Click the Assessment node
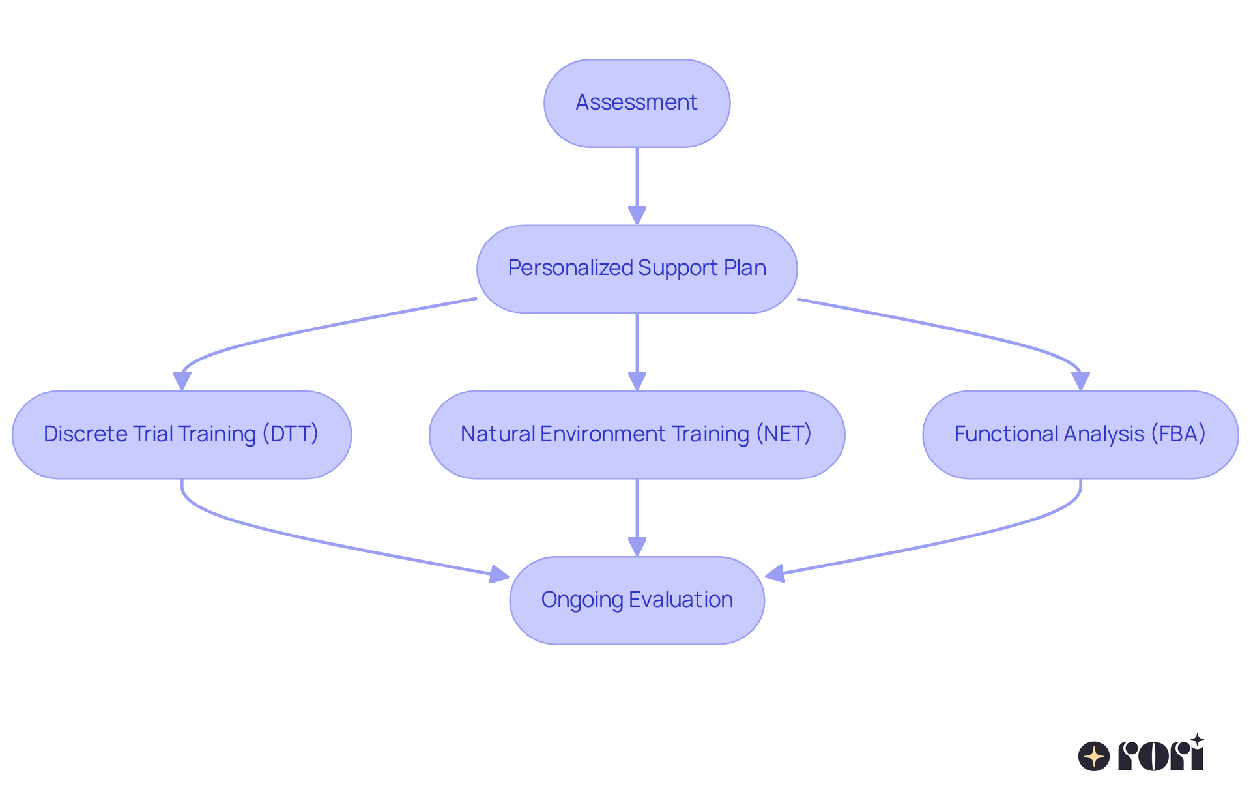(637, 103)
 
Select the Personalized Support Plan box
(637, 269)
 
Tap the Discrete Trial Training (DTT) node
(181, 434)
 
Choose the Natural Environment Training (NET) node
(637, 434)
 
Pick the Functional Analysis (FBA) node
(1080, 434)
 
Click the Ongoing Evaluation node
(637, 600)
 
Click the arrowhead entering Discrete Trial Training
(182, 381)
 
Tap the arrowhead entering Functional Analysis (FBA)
(1080, 381)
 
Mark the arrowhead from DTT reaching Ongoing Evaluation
(500, 574)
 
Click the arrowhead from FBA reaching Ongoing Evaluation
(774, 574)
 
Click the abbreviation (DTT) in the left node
(291, 434)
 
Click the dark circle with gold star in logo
(1093, 756)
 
